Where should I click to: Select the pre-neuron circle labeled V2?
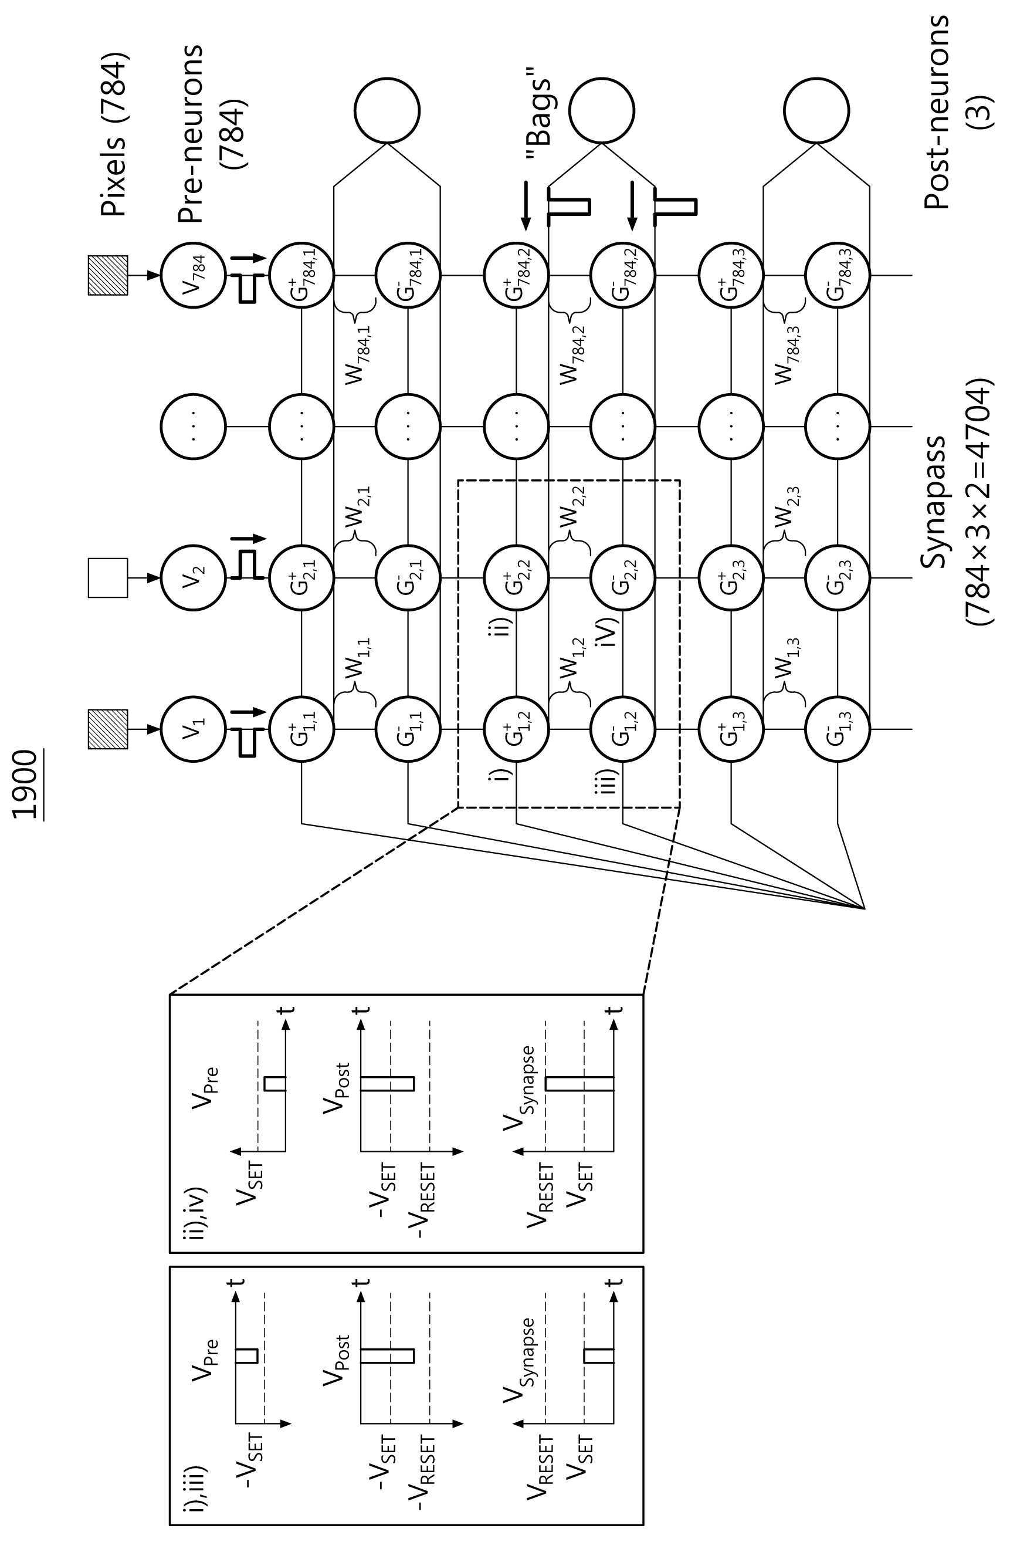(x=193, y=577)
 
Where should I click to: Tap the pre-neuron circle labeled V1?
(x=193, y=729)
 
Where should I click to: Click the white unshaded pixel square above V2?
(x=107, y=577)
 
